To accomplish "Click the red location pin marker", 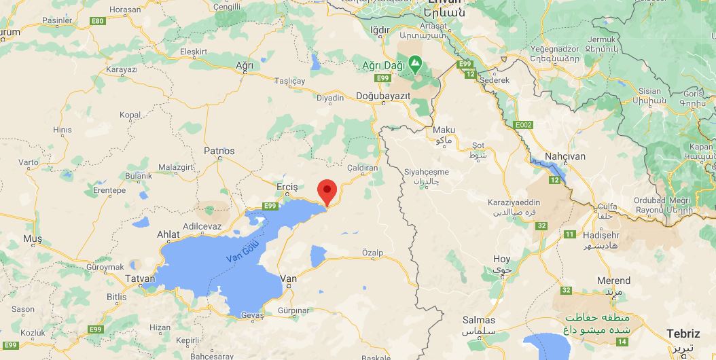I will pos(327,191).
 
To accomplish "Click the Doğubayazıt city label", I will pos(383,96).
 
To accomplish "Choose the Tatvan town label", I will pos(141,279).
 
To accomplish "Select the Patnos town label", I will pos(219,151).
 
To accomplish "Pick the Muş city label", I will pos(33,238).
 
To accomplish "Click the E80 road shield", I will pos(99,22).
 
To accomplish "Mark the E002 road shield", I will pos(524,125).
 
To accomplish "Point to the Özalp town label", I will pos(372,253).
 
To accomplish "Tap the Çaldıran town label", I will pos(362,168).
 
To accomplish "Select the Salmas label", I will pos(478,320).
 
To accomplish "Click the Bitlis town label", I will pos(117,297).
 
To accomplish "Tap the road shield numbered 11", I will pos(569,234).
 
